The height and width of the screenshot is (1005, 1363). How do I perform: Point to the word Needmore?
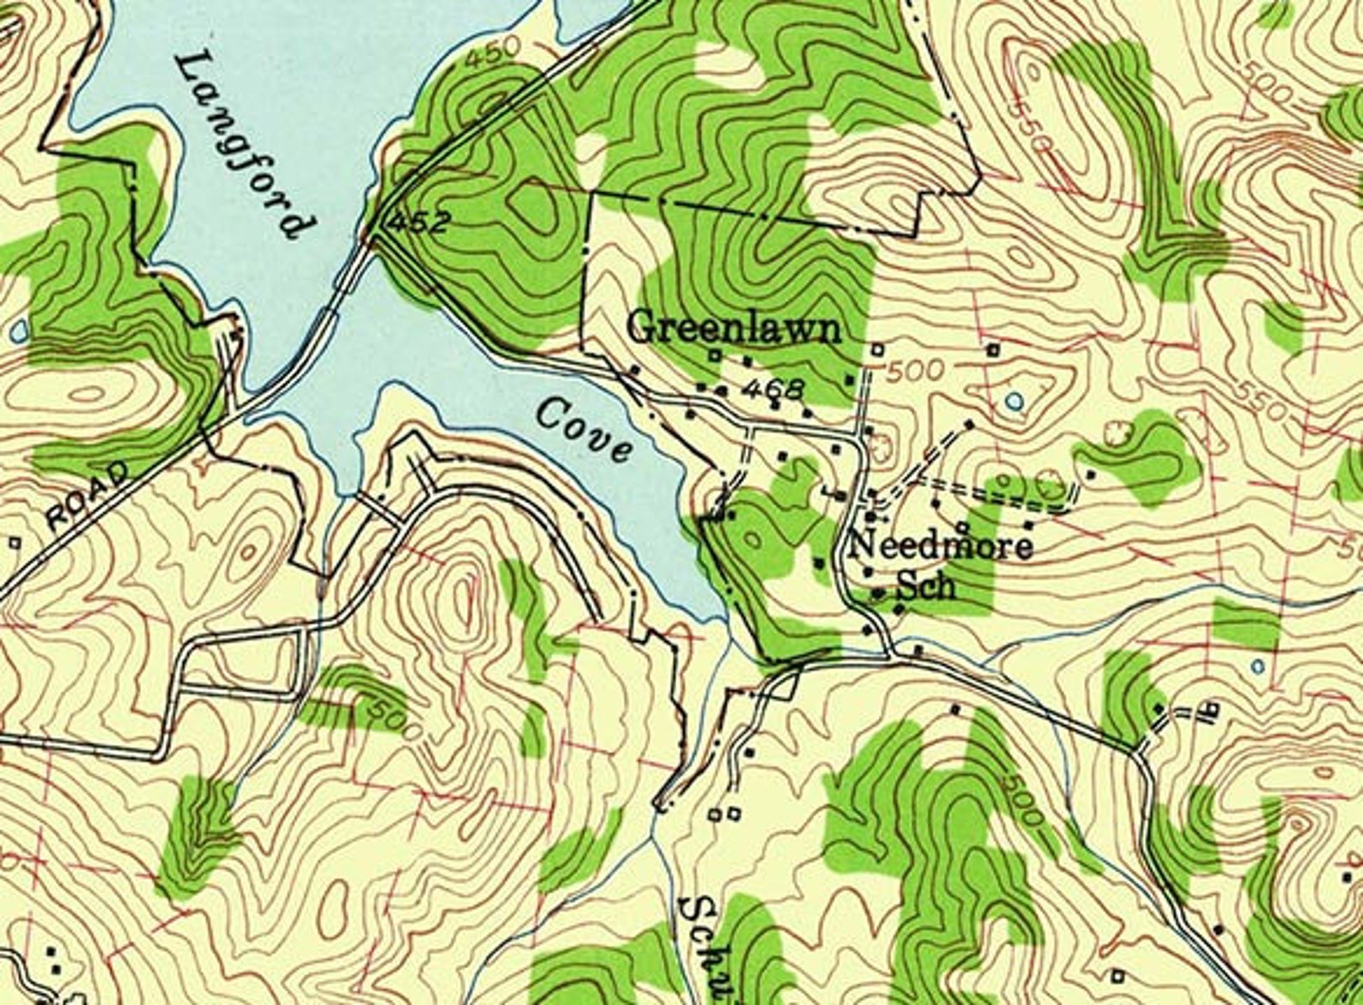[942, 546]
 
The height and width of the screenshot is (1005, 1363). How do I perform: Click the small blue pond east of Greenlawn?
[1015, 400]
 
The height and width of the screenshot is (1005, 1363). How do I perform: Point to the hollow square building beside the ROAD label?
[14, 542]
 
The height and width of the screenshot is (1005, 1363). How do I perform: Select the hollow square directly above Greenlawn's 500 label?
[878, 349]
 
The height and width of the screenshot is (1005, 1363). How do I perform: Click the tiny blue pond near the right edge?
[1257, 665]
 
